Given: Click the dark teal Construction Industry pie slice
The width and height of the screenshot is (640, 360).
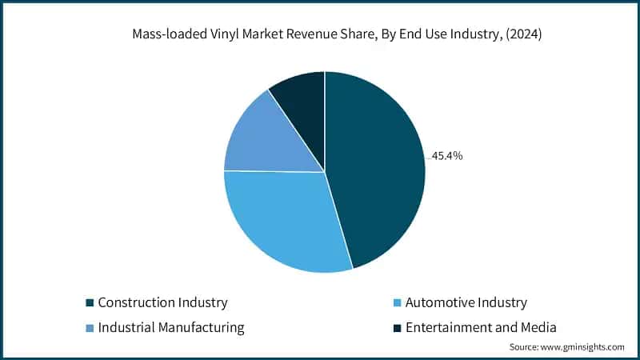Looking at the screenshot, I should point(376,168).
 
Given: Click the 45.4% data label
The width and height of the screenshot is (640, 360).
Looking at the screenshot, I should point(447,156).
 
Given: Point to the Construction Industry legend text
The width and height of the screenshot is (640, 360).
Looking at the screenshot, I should point(162,302).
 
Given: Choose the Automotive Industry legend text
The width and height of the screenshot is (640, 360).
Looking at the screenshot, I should point(466,302).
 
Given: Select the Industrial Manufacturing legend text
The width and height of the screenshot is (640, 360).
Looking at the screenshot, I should point(171,327).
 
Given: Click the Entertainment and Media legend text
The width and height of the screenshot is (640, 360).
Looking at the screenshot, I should point(481,327).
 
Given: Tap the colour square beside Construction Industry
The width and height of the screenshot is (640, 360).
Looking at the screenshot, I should point(90,302).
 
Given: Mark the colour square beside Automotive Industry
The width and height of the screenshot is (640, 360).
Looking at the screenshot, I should point(397,302).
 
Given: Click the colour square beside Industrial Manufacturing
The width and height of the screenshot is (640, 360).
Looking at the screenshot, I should point(90,327).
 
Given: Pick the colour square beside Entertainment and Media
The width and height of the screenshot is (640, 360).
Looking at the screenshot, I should point(397,327).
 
